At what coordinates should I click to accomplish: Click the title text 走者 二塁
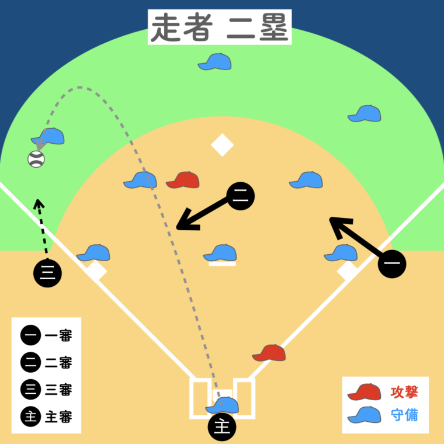[219, 27]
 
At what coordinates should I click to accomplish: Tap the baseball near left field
[36, 159]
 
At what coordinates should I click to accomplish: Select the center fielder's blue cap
[215, 62]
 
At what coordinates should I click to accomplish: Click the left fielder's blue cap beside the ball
[48, 137]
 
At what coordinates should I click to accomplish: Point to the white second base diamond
[222, 145]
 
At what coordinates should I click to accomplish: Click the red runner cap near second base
[183, 181]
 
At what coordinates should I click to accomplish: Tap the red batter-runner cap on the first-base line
[269, 353]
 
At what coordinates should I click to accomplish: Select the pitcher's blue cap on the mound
[220, 253]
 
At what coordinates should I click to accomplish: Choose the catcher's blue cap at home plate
[222, 405]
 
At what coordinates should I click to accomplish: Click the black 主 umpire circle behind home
[222, 427]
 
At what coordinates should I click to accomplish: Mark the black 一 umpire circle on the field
[392, 265]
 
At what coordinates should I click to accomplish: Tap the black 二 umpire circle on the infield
[240, 196]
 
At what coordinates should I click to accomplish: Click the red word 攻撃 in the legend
[404, 392]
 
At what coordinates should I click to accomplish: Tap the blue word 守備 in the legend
[404, 415]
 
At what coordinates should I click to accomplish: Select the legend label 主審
[58, 417]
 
